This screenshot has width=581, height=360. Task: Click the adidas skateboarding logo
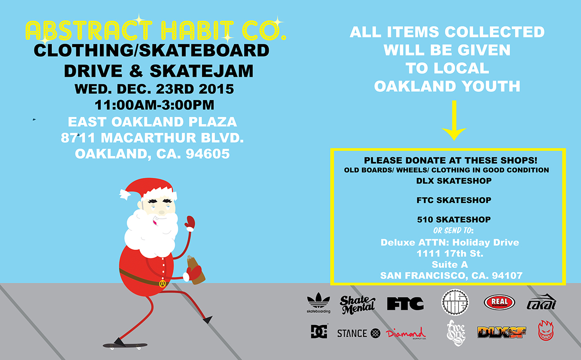(x=319, y=303)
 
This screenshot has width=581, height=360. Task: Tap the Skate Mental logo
(x=357, y=305)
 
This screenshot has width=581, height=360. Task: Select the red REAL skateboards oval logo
(x=499, y=302)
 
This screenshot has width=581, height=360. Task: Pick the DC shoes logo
(x=319, y=331)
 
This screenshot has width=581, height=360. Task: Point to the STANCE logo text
(x=352, y=333)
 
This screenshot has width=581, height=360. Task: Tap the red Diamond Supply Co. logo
(x=406, y=333)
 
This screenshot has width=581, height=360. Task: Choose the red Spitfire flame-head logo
(x=546, y=330)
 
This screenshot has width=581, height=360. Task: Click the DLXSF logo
(x=502, y=332)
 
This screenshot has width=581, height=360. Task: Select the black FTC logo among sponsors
(x=405, y=303)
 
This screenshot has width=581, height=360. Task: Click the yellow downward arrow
(x=454, y=121)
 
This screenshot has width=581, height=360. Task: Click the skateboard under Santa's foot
(x=125, y=346)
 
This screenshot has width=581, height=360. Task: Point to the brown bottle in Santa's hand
(x=196, y=270)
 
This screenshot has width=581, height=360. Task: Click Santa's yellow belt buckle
(x=162, y=283)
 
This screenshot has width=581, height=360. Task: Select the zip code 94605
(x=208, y=154)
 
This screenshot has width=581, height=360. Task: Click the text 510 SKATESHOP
(x=454, y=220)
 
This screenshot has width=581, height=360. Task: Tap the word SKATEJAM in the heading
(x=202, y=71)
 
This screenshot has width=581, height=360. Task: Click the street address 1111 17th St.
(x=450, y=253)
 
